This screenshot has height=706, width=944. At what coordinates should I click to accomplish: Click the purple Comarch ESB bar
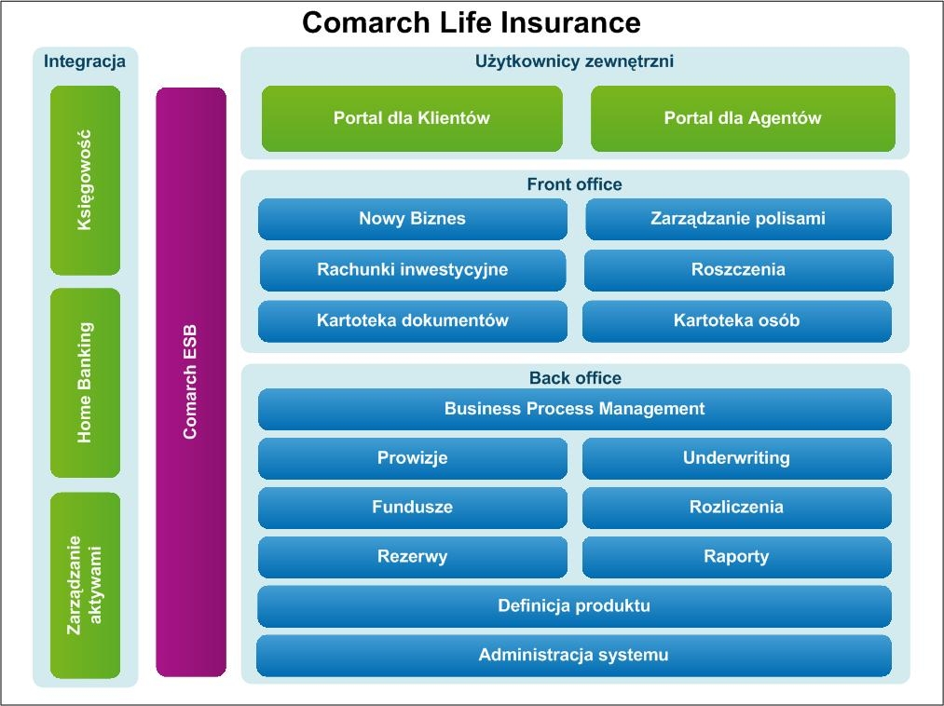[x=191, y=382]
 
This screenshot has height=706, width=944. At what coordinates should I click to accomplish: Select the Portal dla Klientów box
[x=412, y=118]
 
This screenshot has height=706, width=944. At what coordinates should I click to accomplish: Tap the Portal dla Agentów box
[x=743, y=118]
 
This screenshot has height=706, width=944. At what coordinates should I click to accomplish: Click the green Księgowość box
[x=86, y=180]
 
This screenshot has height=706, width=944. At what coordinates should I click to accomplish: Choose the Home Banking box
[x=86, y=383]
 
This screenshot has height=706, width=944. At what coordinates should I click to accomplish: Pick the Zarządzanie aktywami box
[x=86, y=586]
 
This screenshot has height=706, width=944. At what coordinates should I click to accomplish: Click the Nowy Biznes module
[x=413, y=219]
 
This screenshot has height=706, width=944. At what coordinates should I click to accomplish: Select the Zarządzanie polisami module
[x=738, y=219]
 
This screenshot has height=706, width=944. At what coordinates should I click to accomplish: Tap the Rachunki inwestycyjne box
[x=413, y=270]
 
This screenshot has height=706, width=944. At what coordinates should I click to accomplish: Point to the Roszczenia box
[x=739, y=270]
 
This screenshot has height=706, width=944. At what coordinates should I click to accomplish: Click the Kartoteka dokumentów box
[x=413, y=321]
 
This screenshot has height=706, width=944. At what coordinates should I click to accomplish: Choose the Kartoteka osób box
[x=737, y=321]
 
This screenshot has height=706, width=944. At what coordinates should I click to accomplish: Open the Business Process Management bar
[x=575, y=409]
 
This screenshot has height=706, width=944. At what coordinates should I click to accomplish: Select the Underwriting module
[x=737, y=458]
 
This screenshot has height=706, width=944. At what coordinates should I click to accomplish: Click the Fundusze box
[x=413, y=508]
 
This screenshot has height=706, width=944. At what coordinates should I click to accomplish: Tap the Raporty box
[x=737, y=557]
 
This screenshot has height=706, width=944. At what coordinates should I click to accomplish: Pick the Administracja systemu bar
[x=574, y=656]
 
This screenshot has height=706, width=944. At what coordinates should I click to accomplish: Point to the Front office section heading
[x=574, y=184]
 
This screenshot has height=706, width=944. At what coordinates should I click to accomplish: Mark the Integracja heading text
[x=85, y=61]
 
